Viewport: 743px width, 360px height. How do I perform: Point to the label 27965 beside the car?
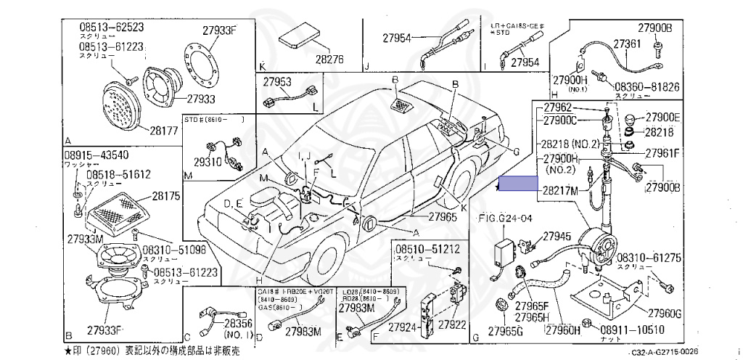point(443,216)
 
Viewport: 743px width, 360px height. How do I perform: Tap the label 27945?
point(557,237)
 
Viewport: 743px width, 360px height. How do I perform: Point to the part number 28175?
point(165,195)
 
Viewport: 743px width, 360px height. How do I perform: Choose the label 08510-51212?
point(427,250)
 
